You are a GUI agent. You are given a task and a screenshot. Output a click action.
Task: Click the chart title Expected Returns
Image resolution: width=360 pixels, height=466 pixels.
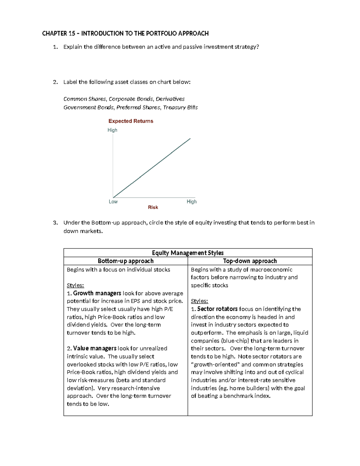point(131,121)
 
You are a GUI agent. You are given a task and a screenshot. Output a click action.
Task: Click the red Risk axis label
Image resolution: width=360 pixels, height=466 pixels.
point(153,207)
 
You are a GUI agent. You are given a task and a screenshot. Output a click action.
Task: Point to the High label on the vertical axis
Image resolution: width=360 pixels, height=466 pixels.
point(112,130)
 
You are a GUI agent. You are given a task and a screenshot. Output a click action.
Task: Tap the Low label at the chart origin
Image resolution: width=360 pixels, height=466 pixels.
point(113,202)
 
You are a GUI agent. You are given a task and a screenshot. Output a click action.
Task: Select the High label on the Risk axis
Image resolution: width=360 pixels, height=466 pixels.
point(191,202)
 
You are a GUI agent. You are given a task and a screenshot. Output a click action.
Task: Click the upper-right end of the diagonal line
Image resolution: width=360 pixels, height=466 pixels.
point(190,139)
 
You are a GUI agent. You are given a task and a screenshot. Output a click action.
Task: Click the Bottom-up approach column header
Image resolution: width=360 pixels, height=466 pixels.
point(125,261)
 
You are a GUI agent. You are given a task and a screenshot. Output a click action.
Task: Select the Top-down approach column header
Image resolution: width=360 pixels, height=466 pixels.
point(250,261)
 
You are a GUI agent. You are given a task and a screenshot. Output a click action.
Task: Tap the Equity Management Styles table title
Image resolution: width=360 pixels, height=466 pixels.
point(188,253)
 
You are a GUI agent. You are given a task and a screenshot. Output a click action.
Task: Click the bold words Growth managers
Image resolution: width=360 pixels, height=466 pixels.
point(97,293)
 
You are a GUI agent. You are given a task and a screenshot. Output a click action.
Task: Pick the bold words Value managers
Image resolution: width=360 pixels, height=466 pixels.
point(94,348)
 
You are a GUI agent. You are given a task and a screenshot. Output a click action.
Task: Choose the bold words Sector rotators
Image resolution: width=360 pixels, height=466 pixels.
point(217,309)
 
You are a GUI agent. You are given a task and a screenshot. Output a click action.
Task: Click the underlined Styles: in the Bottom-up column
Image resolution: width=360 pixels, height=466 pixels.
point(75,285)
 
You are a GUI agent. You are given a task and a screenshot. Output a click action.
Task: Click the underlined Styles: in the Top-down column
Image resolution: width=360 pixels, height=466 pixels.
point(199,301)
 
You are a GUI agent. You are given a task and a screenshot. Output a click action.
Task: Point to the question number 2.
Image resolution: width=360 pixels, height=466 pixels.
point(55,82)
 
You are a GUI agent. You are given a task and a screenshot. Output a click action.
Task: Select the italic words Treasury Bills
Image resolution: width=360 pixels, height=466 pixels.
point(180,107)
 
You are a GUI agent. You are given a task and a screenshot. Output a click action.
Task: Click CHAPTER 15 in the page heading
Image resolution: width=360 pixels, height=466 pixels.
point(58,33)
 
